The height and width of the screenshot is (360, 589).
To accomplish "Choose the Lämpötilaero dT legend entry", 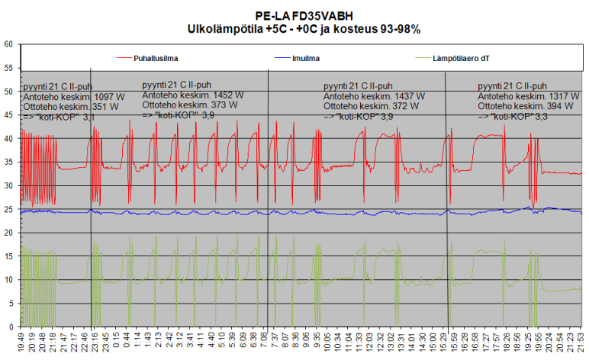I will pyautogui.click(x=462, y=57).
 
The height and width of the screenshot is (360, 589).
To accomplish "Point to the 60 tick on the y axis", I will pyautogui.click(x=8, y=44).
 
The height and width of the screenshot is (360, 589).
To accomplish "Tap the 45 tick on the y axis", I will pyautogui.click(x=8, y=115).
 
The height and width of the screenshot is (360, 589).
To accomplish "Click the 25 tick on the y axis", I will pyautogui.click(x=8, y=209).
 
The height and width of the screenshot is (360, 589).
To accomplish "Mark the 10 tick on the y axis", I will pyautogui.click(x=8, y=280).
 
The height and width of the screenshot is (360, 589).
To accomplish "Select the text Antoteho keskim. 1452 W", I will pyautogui.click(x=193, y=95).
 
